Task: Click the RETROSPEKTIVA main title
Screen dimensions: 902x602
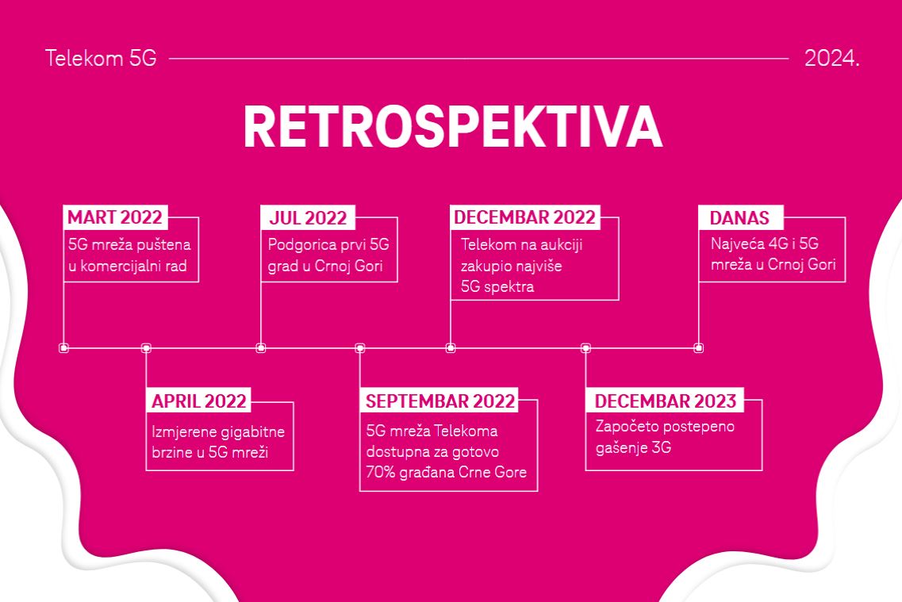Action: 453,128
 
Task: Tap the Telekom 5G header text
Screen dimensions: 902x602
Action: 101,58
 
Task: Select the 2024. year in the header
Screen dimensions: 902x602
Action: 832,58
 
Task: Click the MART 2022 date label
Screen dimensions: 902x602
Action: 115,217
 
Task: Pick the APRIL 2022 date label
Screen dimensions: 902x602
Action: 199,401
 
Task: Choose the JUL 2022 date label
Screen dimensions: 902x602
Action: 308,218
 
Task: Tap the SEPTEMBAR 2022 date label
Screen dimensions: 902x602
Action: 440,401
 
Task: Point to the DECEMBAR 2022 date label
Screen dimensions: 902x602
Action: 524,217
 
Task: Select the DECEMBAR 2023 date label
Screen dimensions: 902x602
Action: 665,401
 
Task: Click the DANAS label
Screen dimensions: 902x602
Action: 739,218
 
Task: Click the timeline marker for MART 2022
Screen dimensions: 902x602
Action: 63,348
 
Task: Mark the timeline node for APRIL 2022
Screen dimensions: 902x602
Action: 146,348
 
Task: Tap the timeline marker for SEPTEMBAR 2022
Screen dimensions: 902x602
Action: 360,348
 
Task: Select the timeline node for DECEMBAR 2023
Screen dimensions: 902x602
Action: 585,348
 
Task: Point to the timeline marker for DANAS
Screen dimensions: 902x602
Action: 698,348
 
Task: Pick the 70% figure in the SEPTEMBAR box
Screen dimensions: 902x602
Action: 380,472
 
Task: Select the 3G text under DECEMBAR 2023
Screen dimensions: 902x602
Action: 661,447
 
